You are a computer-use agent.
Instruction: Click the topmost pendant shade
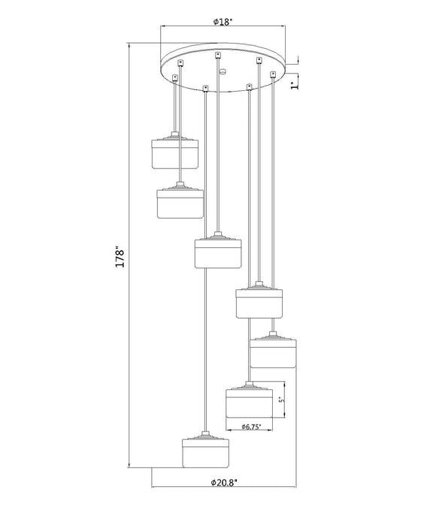tap(174, 153)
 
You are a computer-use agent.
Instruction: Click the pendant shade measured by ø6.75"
tap(247, 404)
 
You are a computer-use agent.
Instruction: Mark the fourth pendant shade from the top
tap(259, 304)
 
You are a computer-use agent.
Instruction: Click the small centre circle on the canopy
tap(223, 71)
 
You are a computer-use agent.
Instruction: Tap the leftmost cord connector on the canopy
tap(174, 77)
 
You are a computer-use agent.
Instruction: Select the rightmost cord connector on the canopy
tap(272, 74)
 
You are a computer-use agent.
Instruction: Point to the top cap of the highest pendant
tap(174, 138)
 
